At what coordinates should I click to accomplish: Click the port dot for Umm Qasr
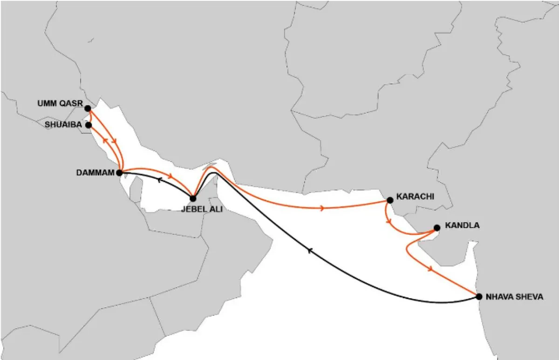point(88,109)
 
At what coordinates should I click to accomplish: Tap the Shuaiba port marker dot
point(89,125)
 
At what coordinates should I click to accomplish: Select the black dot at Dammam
point(119,173)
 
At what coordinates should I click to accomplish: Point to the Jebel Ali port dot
point(193,199)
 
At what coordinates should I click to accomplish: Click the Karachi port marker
point(390,200)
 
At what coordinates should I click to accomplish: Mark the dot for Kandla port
point(437,228)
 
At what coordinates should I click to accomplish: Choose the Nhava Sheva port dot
point(479,296)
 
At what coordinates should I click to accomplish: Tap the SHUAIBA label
point(63,125)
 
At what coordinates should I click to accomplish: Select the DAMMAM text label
point(95,173)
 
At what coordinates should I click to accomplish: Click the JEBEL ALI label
point(202,210)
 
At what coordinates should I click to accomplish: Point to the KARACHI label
point(415,197)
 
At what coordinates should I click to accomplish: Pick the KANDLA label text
point(462,225)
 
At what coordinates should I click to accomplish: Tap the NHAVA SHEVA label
point(514,297)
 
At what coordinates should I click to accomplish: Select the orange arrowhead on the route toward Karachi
point(322,208)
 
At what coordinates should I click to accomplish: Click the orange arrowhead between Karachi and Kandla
point(389,222)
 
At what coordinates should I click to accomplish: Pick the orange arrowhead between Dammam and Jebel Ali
point(171,176)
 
